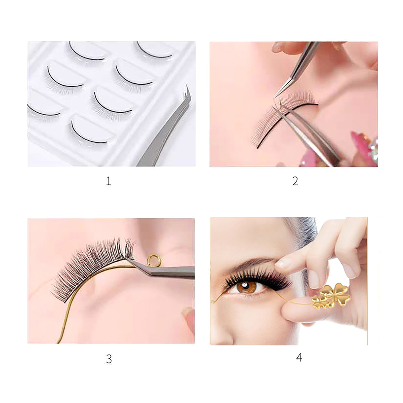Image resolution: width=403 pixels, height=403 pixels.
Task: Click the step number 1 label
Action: [x=108, y=181]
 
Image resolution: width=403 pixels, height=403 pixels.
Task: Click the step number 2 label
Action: [x=295, y=181]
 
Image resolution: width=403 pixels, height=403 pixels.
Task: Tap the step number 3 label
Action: [x=109, y=359]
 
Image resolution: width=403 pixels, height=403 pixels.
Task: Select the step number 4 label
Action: [x=299, y=358]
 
